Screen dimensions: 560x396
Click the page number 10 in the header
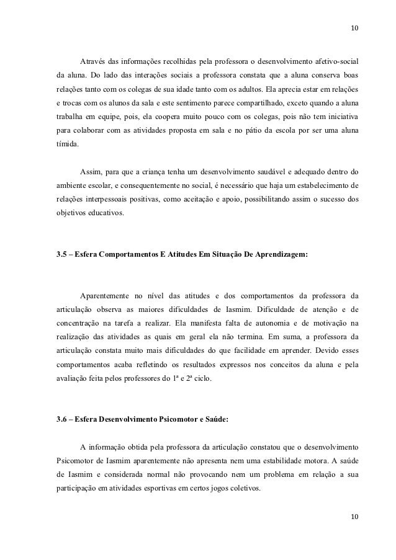(354, 29)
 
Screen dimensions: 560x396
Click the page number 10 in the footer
(354, 517)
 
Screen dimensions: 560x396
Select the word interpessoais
(110, 199)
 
